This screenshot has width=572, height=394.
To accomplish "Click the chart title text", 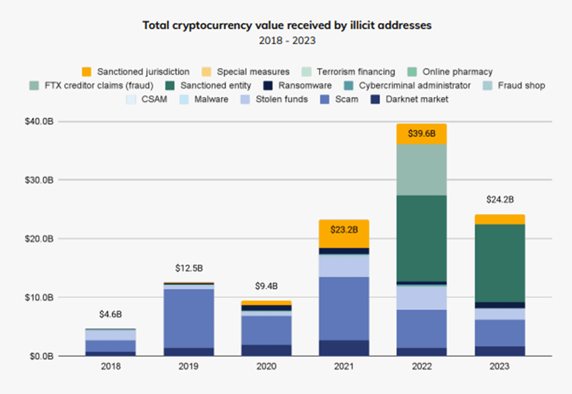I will coord(286,25).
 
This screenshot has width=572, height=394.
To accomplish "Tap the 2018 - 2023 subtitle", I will coord(286,41).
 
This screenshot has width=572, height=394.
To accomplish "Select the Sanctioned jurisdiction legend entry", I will coord(136,72).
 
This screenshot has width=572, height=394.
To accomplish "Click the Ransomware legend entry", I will coord(301,85).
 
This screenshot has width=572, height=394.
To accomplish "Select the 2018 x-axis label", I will coord(111,367).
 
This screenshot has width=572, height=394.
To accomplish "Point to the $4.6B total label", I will coord(111,315).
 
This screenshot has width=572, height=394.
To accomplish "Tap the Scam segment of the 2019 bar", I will coord(189,318).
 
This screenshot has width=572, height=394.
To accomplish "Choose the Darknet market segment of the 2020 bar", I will coord(267,350).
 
